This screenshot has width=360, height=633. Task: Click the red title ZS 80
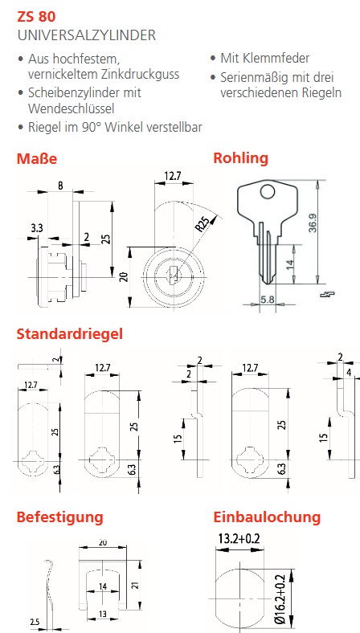(36, 17)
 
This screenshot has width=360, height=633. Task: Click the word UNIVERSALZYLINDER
(87, 35)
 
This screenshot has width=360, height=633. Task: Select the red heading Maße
(37, 159)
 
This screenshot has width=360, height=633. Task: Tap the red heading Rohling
(241, 157)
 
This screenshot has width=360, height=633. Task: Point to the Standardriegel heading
(69, 334)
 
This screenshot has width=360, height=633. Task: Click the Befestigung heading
(59, 517)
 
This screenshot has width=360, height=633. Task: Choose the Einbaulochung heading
(267, 517)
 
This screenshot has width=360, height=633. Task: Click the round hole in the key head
(267, 191)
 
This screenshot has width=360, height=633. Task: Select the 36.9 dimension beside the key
(312, 223)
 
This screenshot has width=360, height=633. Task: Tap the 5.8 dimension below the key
(268, 300)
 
